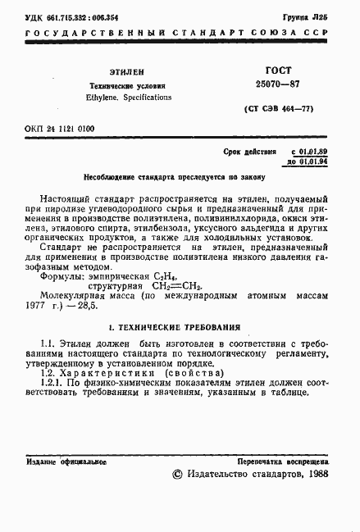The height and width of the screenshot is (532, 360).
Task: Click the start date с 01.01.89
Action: [311, 152]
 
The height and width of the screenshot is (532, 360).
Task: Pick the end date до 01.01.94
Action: [310, 162]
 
